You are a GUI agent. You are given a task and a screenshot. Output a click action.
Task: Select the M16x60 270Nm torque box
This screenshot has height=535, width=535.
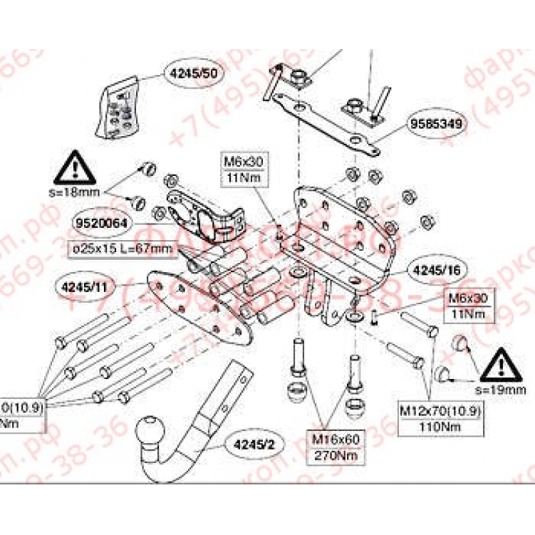(331, 446)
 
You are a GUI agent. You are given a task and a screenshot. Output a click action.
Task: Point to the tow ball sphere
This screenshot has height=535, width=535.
(152, 432)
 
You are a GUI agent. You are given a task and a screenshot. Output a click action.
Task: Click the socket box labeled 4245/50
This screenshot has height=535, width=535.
(121, 107)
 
